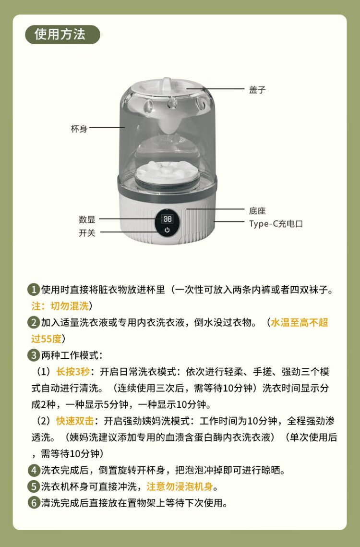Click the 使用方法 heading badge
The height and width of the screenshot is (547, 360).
(x=63, y=35)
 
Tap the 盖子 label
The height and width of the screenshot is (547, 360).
(x=257, y=90)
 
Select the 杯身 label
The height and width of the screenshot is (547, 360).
(x=79, y=129)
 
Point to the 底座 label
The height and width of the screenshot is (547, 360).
(x=257, y=211)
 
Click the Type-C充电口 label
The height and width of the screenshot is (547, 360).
(x=276, y=224)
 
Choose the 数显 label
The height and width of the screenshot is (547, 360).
(x=87, y=219)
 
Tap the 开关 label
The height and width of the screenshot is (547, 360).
(x=87, y=233)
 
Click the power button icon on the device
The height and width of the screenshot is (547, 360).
(x=167, y=230)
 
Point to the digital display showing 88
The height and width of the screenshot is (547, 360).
(x=168, y=219)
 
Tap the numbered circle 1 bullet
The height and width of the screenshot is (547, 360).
(x=34, y=290)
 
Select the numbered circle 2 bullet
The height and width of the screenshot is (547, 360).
(x=34, y=322)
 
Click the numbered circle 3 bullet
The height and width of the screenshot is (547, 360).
(x=34, y=355)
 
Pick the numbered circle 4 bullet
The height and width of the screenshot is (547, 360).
(x=34, y=470)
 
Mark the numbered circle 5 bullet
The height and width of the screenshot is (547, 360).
(x=34, y=486)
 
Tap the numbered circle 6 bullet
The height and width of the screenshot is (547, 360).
(x=34, y=503)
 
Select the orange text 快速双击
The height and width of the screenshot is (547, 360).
(x=75, y=421)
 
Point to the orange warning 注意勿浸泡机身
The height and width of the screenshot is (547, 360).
(x=180, y=486)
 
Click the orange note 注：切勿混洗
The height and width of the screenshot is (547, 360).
(x=60, y=306)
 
